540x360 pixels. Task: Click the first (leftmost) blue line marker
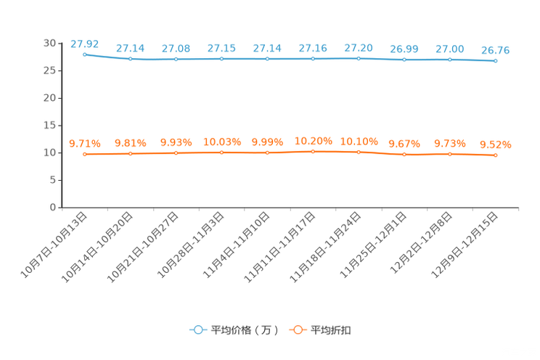(x=85, y=54)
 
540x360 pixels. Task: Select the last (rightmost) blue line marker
(x=496, y=61)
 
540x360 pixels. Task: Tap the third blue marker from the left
(x=176, y=59)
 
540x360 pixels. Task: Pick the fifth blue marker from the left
(x=268, y=59)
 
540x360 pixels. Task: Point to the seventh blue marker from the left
(x=359, y=58)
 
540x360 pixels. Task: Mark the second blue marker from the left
(x=131, y=59)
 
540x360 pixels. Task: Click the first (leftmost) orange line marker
(x=85, y=154)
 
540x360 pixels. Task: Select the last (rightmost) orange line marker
(x=496, y=155)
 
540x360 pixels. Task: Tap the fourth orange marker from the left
(x=222, y=152)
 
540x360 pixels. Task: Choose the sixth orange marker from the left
(x=314, y=152)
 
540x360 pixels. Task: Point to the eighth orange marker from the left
(x=404, y=155)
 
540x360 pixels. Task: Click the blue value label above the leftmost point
(x=85, y=44)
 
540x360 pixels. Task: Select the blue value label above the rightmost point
(x=496, y=50)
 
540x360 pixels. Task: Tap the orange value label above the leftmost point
(x=85, y=144)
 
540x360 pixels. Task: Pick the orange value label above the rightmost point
(x=496, y=145)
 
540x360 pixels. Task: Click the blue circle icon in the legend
(x=197, y=330)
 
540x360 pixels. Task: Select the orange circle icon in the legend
(x=296, y=330)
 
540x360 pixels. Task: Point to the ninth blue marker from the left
(x=450, y=60)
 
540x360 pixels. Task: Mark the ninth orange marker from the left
(x=450, y=154)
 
